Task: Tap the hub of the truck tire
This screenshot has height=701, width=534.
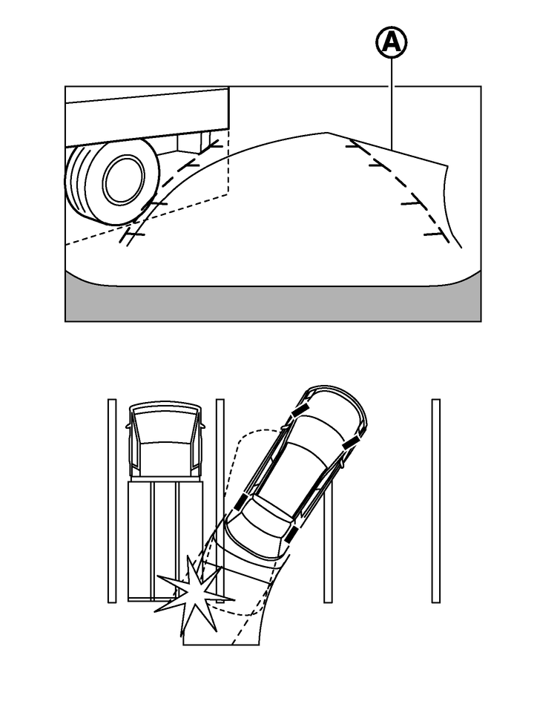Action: pos(123,180)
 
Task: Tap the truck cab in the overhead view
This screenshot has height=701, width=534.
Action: pos(165,441)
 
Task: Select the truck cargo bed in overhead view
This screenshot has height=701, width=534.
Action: pos(164,538)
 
